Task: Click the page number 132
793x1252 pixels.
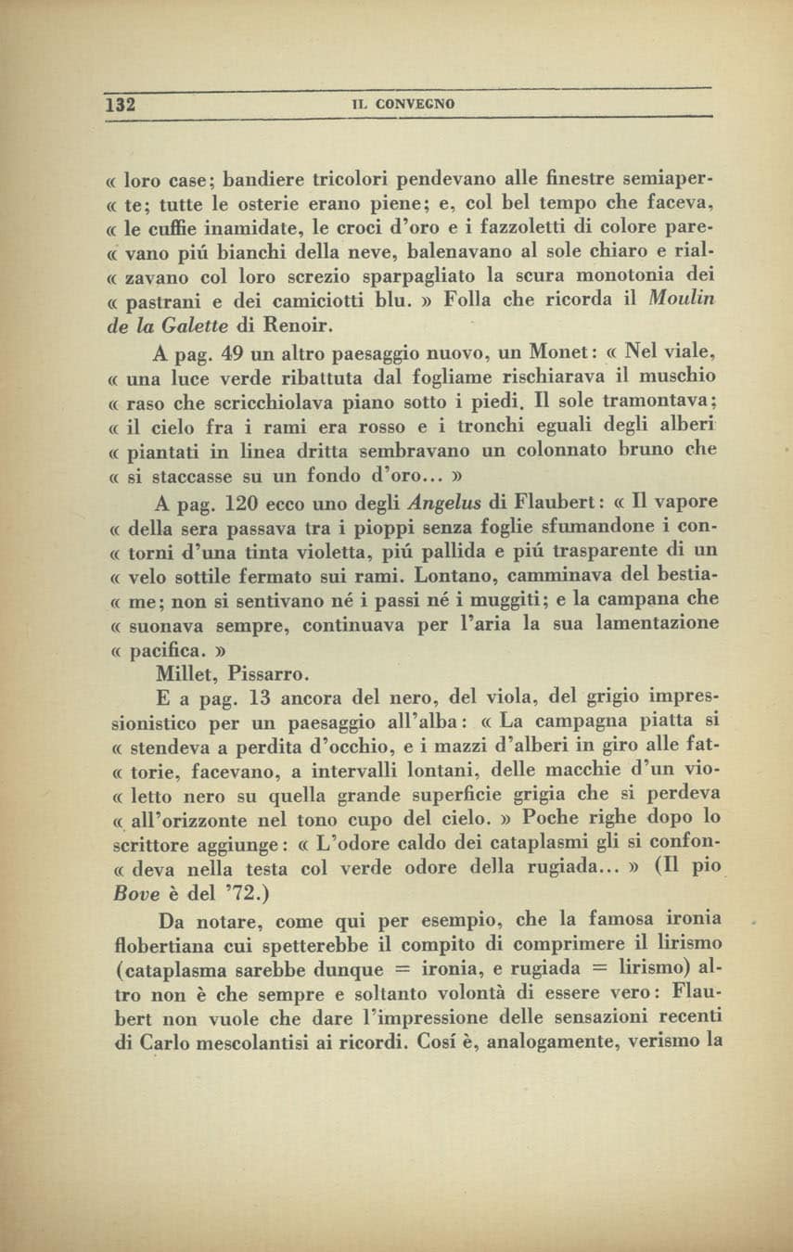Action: point(121,104)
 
